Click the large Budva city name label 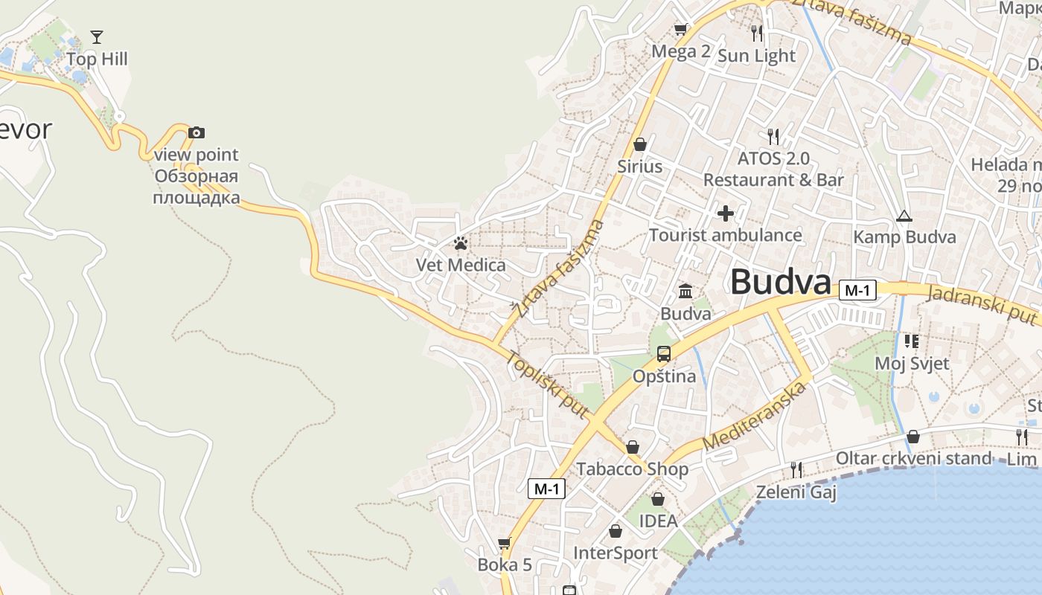[x=780, y=283]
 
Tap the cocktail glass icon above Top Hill [x=96, y=36]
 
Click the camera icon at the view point [x=196, y=133]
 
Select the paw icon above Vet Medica [x=461, y=243]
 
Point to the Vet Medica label [x=461, y=265]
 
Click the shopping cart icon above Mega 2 [x=680, y=30]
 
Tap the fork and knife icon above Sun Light [x=757, y=33]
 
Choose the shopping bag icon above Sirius [x=639, y=144]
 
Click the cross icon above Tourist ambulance [x=725, y=213]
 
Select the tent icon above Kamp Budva [x=904, y=216]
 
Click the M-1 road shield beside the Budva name [x=857, y=290]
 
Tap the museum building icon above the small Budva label [x=685, y=291]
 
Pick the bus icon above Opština [x=664, y=354]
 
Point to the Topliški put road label [x=548, y=384]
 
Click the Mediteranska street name [x=755, y=416]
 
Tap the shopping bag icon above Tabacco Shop [x=632, y=447]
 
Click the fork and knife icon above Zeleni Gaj [x=796, y=469]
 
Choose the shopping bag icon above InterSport [x=616, y=531]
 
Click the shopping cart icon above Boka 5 [x=505, y=544]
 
